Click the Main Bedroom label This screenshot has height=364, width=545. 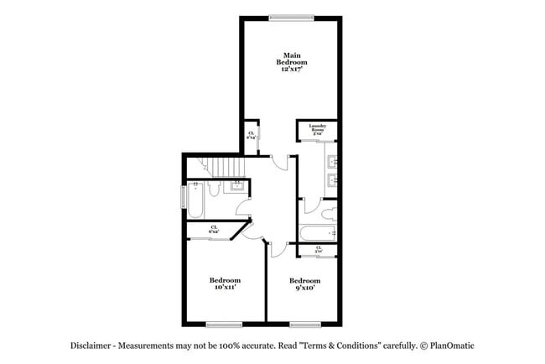point(292,59)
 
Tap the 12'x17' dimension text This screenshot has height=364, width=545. point(292,70)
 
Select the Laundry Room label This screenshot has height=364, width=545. point(317,129)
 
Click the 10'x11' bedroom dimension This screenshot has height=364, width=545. point(225,287)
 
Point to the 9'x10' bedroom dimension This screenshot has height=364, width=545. point(305,287)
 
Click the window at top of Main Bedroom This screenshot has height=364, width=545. point(291,17)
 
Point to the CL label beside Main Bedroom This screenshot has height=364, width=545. point(251,136)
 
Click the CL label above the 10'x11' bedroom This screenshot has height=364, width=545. point(214,229)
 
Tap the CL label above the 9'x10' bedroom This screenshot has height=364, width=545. point(319,249)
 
